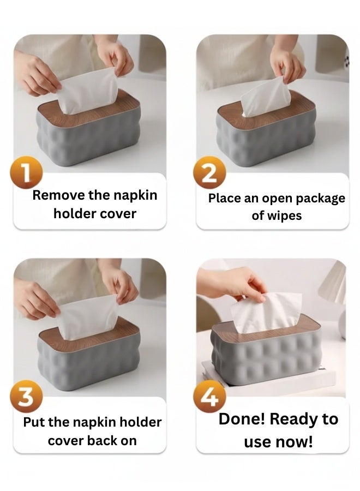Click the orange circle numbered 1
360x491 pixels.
click(26, 172)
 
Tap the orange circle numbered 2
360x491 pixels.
click(209, 172)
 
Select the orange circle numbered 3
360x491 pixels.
click(26, 396)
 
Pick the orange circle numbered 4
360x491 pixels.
click(209, 397)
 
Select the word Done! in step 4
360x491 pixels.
click(242, 419)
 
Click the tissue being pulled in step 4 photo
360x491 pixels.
click(266, 313)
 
